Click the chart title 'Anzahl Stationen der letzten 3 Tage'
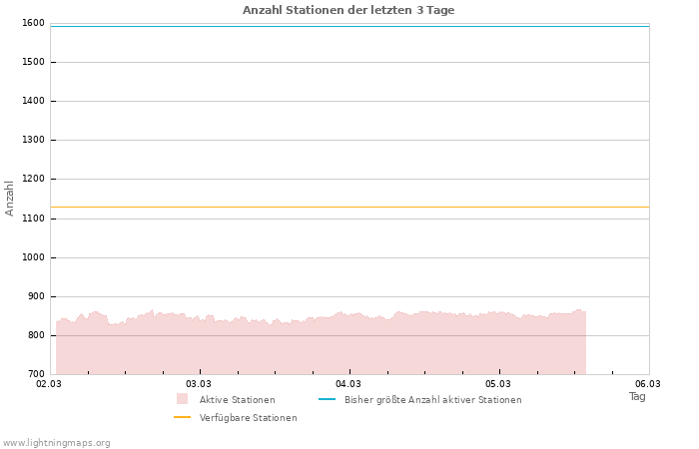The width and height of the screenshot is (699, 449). point(349,10)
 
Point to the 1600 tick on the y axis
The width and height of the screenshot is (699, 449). point(32,23)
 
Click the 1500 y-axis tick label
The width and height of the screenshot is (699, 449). point(32,62)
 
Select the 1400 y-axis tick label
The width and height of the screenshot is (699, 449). point(32,101)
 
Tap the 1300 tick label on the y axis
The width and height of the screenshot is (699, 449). point(32,140)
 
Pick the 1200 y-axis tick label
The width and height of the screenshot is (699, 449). point(32,179)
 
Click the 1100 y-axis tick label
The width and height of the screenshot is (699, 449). point(32,219)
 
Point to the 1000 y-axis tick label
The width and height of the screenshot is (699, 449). point(32,257)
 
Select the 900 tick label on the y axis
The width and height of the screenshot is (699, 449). point(35,296)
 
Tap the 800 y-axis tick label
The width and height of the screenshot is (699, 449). point(35,335)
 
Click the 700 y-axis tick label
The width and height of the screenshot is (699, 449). point(35,374)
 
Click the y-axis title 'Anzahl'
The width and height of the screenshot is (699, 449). point(10,198)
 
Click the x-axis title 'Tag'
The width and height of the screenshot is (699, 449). point(637,396)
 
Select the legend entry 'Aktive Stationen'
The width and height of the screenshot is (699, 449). point(237,400)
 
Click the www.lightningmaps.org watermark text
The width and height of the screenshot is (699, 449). point(57,443)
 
